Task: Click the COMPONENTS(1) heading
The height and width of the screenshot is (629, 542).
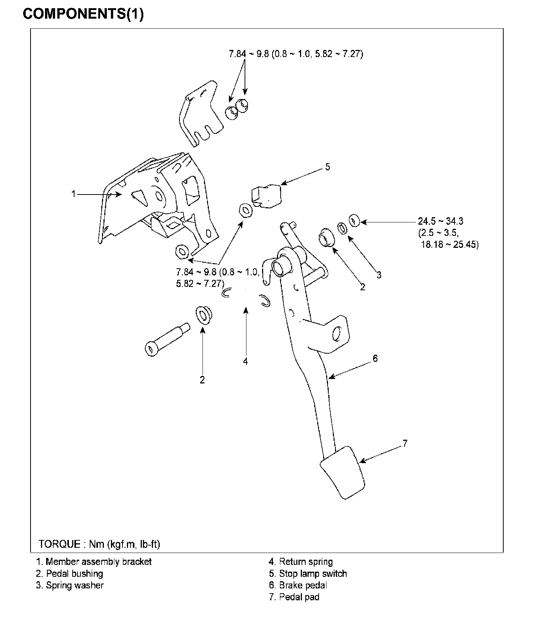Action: (83, 14)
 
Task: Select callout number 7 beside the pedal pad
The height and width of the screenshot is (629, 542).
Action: (405, 443)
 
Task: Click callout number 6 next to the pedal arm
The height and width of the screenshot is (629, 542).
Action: (375, 358)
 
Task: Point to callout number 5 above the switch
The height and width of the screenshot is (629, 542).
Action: (327, 167)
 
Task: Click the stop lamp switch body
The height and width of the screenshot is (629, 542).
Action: (267, 195)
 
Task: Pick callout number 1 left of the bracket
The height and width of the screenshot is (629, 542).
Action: (74, 194)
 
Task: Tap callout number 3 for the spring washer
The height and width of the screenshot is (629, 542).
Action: (379, 275)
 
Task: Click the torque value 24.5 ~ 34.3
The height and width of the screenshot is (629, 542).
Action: (440, 221)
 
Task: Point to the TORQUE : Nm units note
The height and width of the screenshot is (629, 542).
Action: (99, 544)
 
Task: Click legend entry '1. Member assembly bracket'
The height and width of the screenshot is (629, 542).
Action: (94, 562)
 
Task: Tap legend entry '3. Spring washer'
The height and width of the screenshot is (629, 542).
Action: (70, 585)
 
